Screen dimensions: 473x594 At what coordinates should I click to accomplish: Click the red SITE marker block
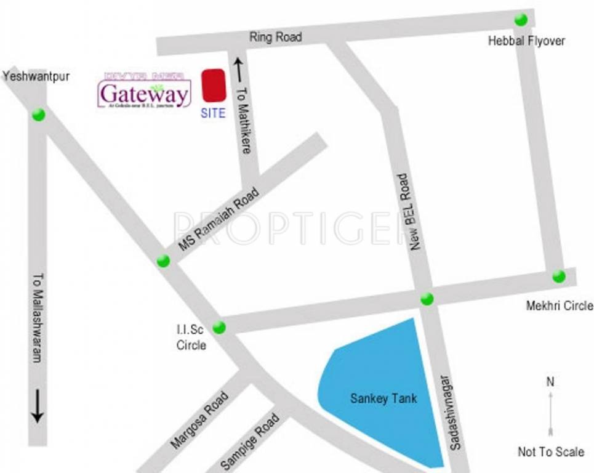click(214, 86)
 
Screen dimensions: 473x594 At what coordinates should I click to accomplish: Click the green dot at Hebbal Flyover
click(521, 20)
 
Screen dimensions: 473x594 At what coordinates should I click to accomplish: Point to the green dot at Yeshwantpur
click(39, 115)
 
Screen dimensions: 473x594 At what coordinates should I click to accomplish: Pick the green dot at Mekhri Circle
click(558, 276)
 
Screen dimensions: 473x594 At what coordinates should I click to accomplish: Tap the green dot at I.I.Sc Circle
click(219, 328)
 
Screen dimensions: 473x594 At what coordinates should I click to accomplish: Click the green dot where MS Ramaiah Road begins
click(163, 261)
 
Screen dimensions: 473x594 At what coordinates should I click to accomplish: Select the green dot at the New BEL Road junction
click(427, 299)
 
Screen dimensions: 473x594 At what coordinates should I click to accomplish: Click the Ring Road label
click(275, 37)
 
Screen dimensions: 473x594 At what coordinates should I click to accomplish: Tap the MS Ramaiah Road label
click(219, 218)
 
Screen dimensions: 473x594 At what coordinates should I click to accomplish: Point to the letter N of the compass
click(550, 382)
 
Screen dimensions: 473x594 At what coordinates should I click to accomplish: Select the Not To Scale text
click(550, 452)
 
